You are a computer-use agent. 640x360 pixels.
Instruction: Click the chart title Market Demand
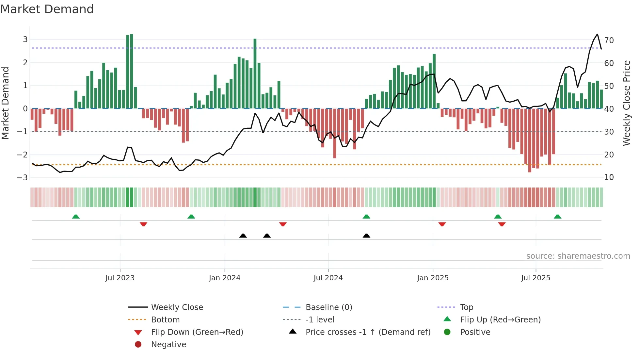(47, 9)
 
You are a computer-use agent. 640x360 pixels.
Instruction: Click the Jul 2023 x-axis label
(120, 278)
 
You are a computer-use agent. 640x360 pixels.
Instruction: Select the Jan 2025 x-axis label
(433, 278)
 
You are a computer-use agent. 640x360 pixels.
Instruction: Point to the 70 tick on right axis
(609, 41)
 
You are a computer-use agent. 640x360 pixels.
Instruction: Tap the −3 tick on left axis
(23, 177)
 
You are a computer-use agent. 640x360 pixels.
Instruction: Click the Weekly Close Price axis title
(627, 103)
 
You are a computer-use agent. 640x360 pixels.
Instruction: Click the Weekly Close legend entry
(177, 307)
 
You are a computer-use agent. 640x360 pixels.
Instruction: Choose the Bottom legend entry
(165, 320)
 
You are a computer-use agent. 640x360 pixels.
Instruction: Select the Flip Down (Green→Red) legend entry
(197, 332)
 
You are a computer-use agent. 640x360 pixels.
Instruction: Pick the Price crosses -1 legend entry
(368, 332)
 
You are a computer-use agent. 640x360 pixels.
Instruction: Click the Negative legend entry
(168, 345)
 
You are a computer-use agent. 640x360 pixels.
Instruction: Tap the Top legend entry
(466, 307)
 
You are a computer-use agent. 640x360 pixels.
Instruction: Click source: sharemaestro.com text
(578, 256)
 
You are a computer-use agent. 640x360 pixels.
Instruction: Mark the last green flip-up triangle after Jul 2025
(557, 217)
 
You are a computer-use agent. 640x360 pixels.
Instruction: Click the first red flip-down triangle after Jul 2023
(143, 224)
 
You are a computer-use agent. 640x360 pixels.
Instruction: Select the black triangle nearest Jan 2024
(243, 236)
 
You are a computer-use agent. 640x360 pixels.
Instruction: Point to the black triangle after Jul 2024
(366, 236)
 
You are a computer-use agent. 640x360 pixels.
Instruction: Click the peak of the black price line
(597, 34)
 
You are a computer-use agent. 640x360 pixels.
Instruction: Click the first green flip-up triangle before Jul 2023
(76, 217)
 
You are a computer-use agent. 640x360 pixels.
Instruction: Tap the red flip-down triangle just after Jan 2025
(442, 224)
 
